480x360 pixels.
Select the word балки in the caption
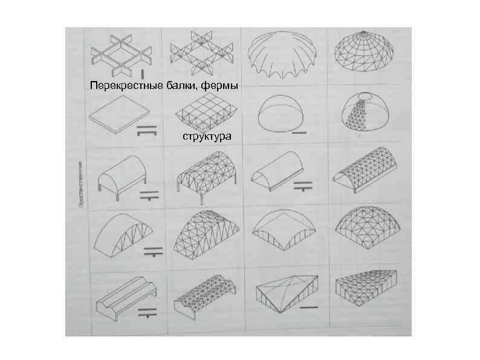179,85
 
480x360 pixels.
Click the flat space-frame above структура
202,113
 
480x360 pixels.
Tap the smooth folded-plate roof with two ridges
120,296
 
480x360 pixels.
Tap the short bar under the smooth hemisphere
299,131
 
